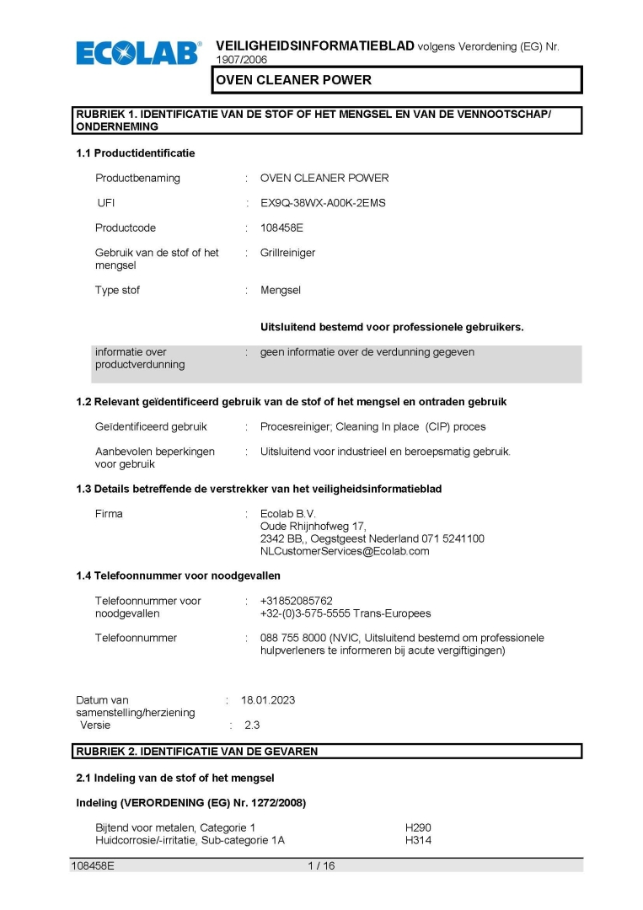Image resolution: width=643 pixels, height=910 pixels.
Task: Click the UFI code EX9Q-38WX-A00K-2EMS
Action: [323, 203]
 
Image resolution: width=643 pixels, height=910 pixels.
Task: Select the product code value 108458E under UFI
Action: [281, 227]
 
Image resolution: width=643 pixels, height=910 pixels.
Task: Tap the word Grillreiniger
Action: [287, 253]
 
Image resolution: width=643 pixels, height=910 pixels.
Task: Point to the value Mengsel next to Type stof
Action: [281, 290]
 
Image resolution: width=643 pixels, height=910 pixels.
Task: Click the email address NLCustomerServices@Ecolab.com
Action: [345, 551]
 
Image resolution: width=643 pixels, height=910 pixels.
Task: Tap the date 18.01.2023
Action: [268, 700]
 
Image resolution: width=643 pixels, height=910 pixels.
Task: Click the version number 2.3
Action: [252, 725]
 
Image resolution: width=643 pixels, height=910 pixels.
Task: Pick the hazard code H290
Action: [418, 828]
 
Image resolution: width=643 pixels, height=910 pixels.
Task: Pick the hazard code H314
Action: [418, 840]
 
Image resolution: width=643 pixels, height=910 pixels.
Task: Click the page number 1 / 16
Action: [321, 865]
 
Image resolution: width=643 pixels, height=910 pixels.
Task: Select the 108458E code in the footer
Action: [93, 865]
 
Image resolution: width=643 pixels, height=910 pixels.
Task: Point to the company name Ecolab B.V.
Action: [288, 513]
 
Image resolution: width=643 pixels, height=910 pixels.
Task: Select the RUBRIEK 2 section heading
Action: [197, 751]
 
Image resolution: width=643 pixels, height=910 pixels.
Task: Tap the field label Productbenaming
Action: [137, 178]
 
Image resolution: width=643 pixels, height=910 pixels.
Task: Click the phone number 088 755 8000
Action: [297, 638]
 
